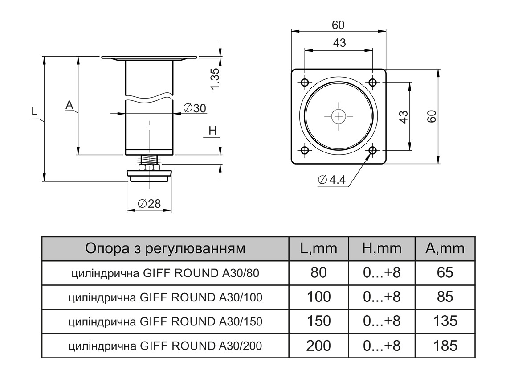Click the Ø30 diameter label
(x=195, y=108)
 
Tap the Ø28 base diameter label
(x=149, y=204)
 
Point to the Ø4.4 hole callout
(x=332, y=180)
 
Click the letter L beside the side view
(x=34, y=111)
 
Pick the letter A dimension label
(x=69, y=105)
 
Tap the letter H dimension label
(x=212, y=131)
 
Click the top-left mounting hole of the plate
(x=305, y=82)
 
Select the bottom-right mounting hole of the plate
(x=373, y=150)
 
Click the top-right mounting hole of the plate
(x=373, y=82)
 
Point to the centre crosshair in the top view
(x=339, y=116)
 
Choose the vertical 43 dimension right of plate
(x=403, y=116)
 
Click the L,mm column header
(x=318, y=248)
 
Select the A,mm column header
(x=445, y=248)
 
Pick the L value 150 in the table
(x=318, y=321)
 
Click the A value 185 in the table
(x=445, y=346)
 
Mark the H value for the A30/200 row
(x=382, y=346)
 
